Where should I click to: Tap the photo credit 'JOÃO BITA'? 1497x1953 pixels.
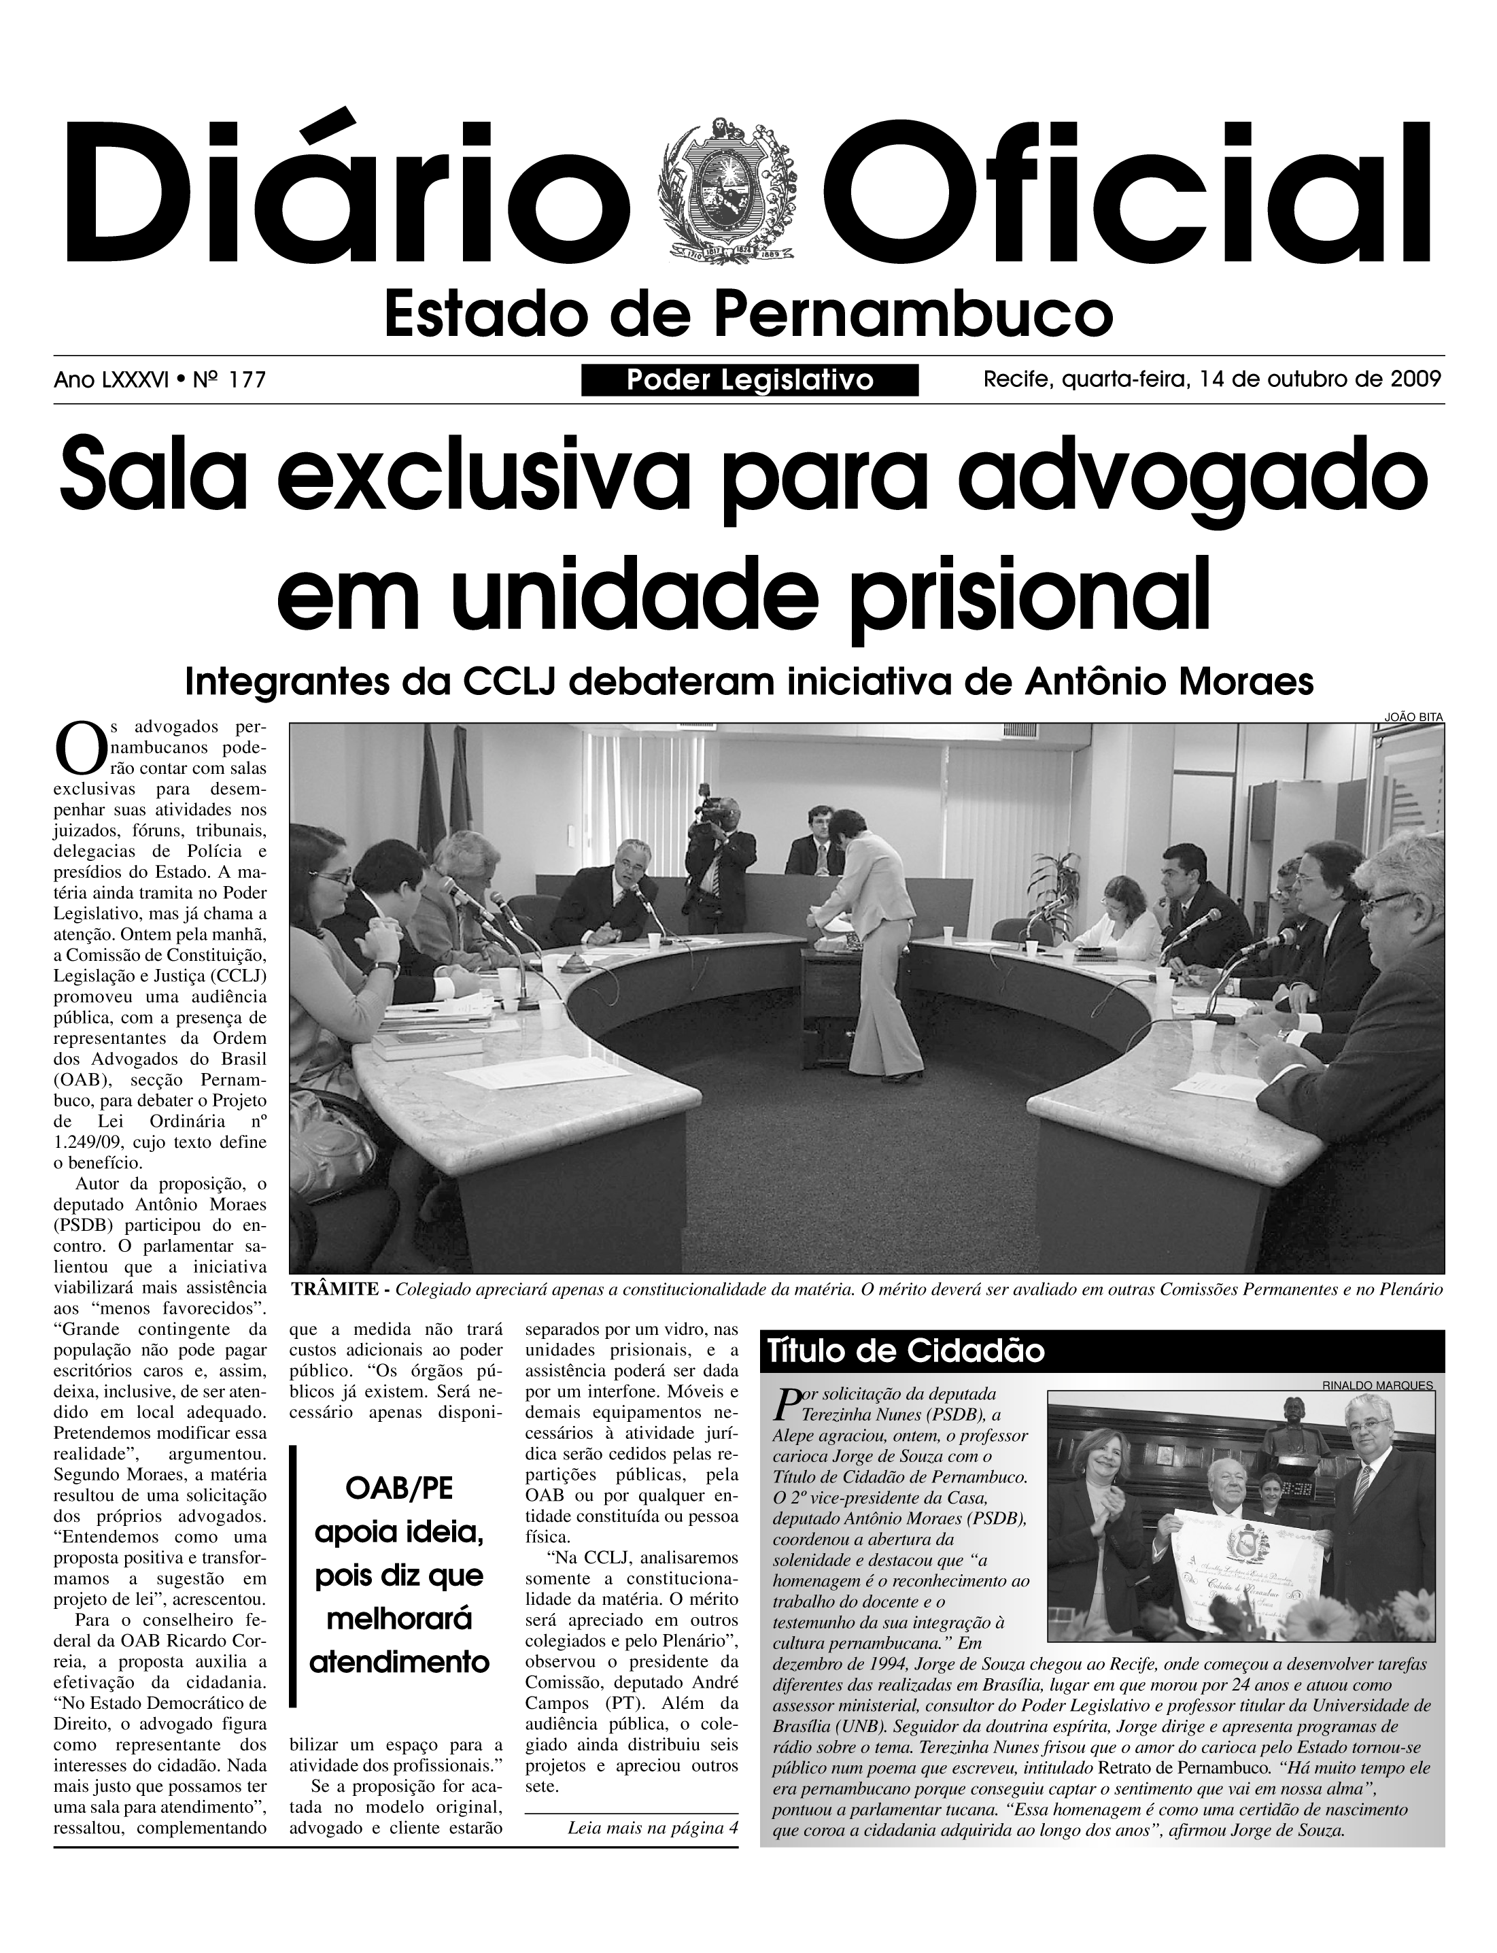pyautogui.click(x=1413, y=716)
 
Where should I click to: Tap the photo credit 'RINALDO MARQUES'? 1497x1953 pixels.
pyautogui.click(x=1377, y=1385)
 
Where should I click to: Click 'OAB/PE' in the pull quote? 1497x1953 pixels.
pyautogui.click(x=398, y=1488)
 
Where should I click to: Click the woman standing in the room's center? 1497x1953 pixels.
pyautogui.click(x=872, y=936)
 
